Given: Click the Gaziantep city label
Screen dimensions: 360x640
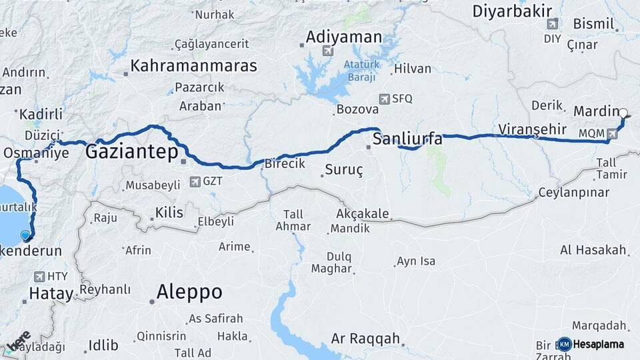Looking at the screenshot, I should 131,153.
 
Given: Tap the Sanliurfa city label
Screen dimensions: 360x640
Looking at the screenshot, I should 407,139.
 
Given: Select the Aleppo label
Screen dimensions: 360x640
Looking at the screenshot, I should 189,292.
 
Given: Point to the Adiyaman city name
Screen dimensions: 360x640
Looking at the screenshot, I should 344,37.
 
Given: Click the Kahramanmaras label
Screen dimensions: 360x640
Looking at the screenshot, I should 193,66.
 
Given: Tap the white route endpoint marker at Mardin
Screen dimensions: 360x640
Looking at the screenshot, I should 623,113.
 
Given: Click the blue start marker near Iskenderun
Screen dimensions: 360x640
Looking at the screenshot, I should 26,235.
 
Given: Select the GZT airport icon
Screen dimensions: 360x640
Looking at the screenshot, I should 195,181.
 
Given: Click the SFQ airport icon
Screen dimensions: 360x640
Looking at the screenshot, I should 384,99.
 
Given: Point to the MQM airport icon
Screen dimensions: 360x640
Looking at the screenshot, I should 612,133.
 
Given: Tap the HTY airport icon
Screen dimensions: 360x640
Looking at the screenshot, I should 38,276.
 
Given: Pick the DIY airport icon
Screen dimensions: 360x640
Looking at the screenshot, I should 552,24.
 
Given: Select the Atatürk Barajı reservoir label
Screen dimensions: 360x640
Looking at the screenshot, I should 361,70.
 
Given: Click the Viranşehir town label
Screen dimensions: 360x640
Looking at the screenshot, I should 532,129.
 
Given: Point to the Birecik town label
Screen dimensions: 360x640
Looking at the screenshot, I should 285,163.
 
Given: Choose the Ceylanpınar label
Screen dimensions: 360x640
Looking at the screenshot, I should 574,193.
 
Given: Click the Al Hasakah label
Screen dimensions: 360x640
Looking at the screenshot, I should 593,250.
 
